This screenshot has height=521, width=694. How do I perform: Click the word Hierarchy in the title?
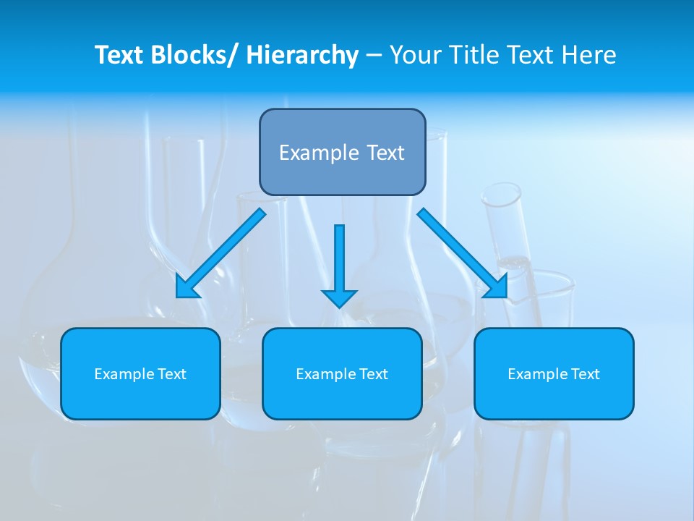(302, 55)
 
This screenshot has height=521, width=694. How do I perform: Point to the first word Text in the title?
(120, 55)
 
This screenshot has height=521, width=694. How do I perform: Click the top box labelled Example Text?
(342, 152)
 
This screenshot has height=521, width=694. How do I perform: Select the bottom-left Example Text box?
(140, 373)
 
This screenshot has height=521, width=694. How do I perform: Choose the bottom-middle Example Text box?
(342, 373)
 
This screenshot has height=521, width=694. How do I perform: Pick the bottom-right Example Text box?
(554, 373)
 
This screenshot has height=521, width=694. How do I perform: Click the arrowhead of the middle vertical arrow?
(339, 297)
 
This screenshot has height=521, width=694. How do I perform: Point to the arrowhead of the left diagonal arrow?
(187, 287)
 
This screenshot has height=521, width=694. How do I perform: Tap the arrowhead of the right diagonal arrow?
(497, 287)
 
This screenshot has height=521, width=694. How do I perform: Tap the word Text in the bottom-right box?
(585, 374)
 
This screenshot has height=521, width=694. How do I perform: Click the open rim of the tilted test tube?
(502, 195)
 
